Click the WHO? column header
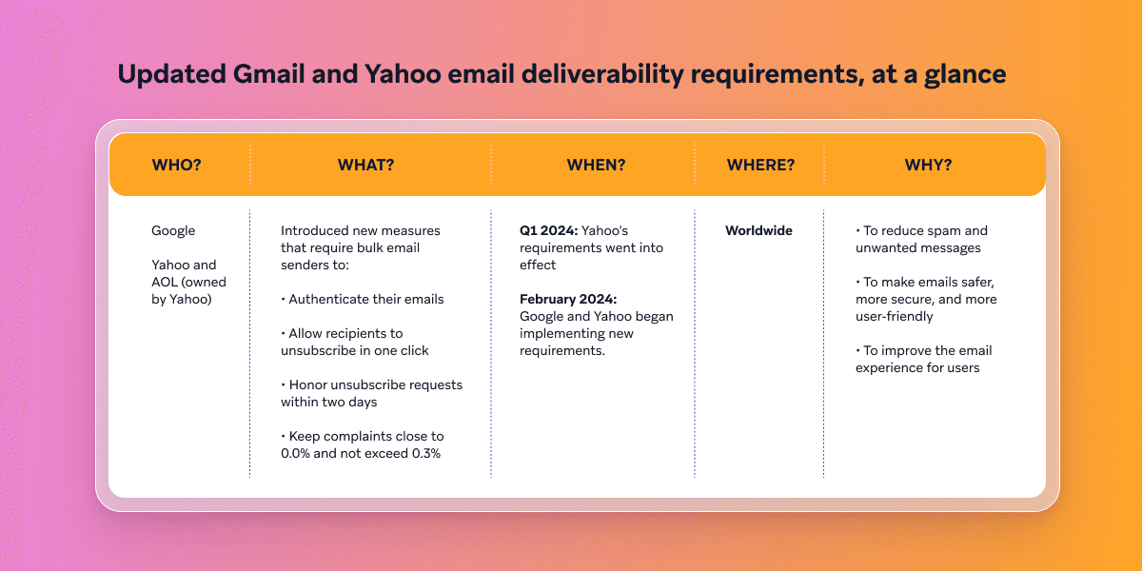(x=176, y=165)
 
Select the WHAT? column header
(x=365, y=165)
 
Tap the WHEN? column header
(x=596, y=165)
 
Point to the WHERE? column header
(x=760, y=165)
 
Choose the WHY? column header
(x=928, y=165)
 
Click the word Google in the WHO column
(x=173, y=230)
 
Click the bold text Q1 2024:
(x=548, y=230)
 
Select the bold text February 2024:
(x=568, y=299)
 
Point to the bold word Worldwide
(x=758, y=230)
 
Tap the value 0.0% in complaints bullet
(x=299, y=453)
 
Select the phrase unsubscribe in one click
(x=354, y=350)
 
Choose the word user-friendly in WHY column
(x=895, y=316)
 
